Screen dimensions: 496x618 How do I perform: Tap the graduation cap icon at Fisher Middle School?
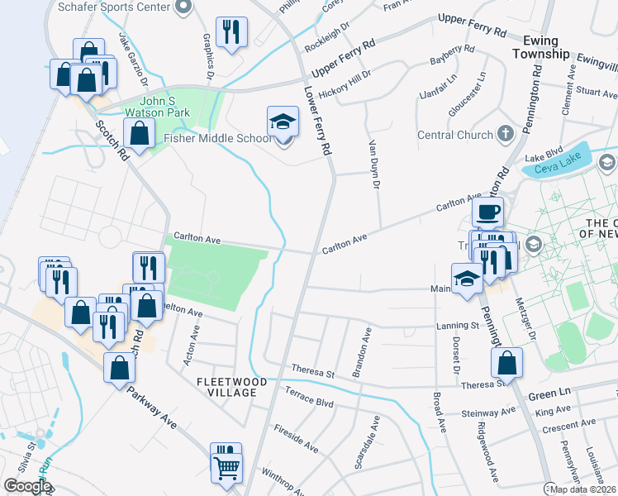[x=283, y=122]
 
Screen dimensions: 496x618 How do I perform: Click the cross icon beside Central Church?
[x=505, y=134]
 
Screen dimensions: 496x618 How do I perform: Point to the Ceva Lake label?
[x=553, y=169]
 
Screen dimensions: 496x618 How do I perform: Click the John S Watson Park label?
[x=156, y=107]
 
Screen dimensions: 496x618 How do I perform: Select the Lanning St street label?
[x=458, y=326]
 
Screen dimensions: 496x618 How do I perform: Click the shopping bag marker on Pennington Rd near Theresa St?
[x=506, y=362]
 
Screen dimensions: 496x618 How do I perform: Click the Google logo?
[x=27, y=486]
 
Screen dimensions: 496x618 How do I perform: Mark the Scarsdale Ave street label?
[x=367, y=443]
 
